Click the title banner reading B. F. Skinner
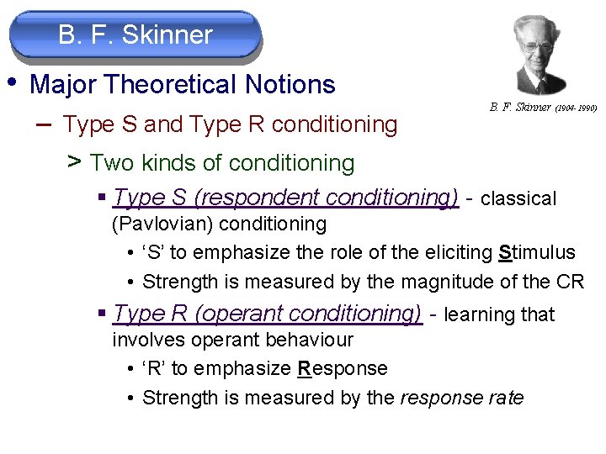click(x=135, y=35)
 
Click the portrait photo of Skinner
click(x=529, y=55)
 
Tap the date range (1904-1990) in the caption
click(x=577, y=108)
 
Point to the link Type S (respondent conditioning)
click(x=285, y=198)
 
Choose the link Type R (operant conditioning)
click(x=267, y=314)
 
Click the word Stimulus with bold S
click(x=537, y=252)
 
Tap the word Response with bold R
click(x=343, y=368)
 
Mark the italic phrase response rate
click(x=461, y=398)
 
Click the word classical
click(x=518, y=199)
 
